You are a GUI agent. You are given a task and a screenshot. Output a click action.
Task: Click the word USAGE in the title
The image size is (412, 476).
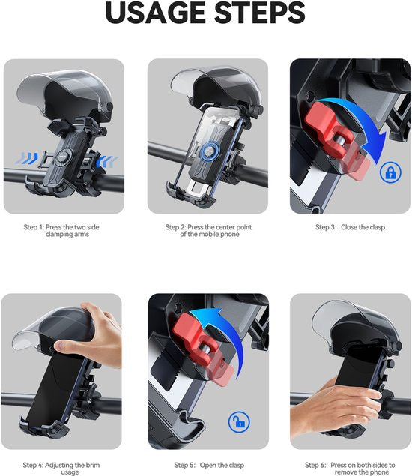click(x=155, y=13)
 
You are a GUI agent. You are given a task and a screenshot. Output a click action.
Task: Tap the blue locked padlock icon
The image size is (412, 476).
click(x=390, y=172)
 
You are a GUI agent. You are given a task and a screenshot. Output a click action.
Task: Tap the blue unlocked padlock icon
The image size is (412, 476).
click(x=239, y=422)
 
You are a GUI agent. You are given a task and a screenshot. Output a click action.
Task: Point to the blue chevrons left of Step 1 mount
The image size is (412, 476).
click(x=27, y=158)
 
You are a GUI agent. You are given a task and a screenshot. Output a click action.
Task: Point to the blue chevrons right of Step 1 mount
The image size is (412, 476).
click(x=107, y=161)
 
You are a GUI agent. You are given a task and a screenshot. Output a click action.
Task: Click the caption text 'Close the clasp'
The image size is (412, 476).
click(x=363, y=227)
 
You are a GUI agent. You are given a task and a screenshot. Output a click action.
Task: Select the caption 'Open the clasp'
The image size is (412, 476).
click(x=222, y=465)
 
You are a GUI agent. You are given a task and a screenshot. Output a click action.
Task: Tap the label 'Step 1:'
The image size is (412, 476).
click(x=34, y=227)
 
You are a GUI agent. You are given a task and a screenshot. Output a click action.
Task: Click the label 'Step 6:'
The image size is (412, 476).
click(x=315, y=465)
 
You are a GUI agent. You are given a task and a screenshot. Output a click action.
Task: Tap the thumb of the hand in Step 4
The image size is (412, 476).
click(x=68, y=346)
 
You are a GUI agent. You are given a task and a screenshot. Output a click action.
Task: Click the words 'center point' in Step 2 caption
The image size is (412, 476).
click(x=234, y=227)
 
